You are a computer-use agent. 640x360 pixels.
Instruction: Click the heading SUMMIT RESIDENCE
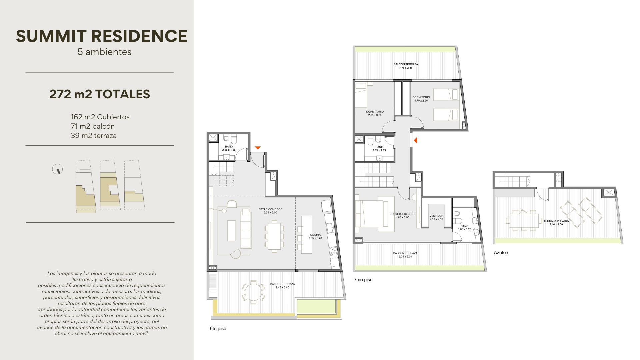pyautogui.click(x=102, y=36)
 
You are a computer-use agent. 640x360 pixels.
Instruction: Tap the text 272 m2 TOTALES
pyautogui.click(x=100, y=94)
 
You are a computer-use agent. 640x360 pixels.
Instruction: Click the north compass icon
pyautogui.click(x=58, y=169)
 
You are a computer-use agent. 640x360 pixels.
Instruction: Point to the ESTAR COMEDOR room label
pyautogui.click(x=270, y=211)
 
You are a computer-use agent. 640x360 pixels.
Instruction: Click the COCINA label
pyautogui.click(x=315, y=236)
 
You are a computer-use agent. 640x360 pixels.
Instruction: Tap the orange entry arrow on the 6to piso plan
pyautogui.click(x=257, y=148)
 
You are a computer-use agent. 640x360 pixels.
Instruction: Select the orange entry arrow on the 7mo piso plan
pyautogui.click(x=415, y=140)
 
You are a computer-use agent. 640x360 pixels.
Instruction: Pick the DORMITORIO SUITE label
pyautogui.click(x=403, y=216)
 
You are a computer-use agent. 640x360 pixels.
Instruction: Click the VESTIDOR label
pyautogui.click(x=436, y=217)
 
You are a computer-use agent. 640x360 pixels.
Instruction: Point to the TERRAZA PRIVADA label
pyautogui.click(x=556, y=223)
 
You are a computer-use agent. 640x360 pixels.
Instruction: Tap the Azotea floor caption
pyautogui.click(x=501, y=253)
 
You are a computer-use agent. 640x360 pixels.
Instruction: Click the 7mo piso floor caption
pyautogui.click(x=363, y=280)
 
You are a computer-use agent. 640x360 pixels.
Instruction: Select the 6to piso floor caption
pyautogui.click(x=218, y=329)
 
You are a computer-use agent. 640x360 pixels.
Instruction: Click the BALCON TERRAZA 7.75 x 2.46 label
pyautogui.click(x=406, y=66)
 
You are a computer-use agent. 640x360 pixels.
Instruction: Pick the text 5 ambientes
pyautogui.click(x=104, y=52)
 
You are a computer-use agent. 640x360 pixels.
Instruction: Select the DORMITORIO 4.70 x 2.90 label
pyautogui.click(x=421, y=99)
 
